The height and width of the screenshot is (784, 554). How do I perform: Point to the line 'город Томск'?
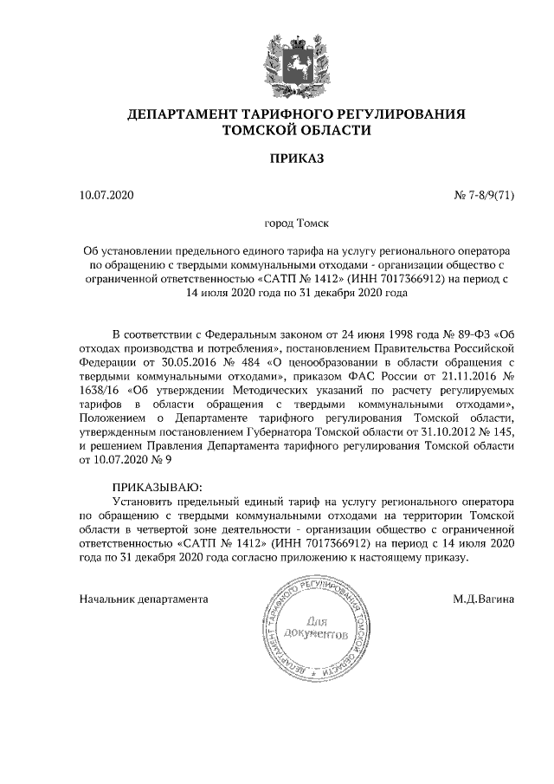[x=277, y=224]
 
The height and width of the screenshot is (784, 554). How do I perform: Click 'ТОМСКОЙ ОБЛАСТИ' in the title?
[x=277, y=131]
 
